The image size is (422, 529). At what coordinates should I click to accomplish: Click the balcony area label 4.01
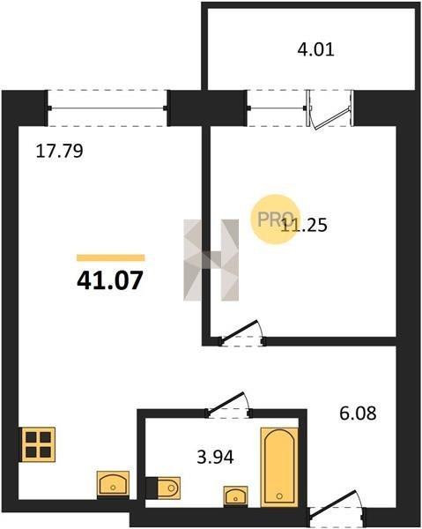tap(315, 50)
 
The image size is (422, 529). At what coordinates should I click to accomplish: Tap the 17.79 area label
tap(59, 151)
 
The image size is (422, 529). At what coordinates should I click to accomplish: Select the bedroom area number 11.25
tap(304, 225)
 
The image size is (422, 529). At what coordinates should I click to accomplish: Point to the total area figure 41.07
tap(110, 280)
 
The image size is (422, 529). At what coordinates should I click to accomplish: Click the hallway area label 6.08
tap(358, 414)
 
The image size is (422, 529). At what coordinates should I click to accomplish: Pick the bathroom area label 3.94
tap(215, 458)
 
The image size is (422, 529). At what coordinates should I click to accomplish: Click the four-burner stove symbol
tap(39, 444)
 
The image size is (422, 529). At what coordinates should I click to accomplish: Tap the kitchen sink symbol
tap(113, 485)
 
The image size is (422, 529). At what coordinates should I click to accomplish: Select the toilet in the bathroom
tap(163, 488)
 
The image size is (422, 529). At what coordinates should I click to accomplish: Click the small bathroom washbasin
tap(235, 495)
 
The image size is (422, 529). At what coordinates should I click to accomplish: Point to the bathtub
tap(279, 467)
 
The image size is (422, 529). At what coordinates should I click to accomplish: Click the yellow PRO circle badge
tap(275, 220)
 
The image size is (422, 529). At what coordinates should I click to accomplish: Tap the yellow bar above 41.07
tap(110, 257)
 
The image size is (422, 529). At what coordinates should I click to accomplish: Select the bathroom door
tap(228, 404)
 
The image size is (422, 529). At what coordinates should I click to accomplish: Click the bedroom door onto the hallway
tap(242, 332)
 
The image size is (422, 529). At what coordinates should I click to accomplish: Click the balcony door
tap(330, 109)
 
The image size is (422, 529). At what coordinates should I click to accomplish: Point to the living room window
tap(107, 108)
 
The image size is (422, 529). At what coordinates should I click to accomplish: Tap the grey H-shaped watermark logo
tap(211, 260)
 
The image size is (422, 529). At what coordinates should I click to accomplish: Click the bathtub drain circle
tap(279, 495)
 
